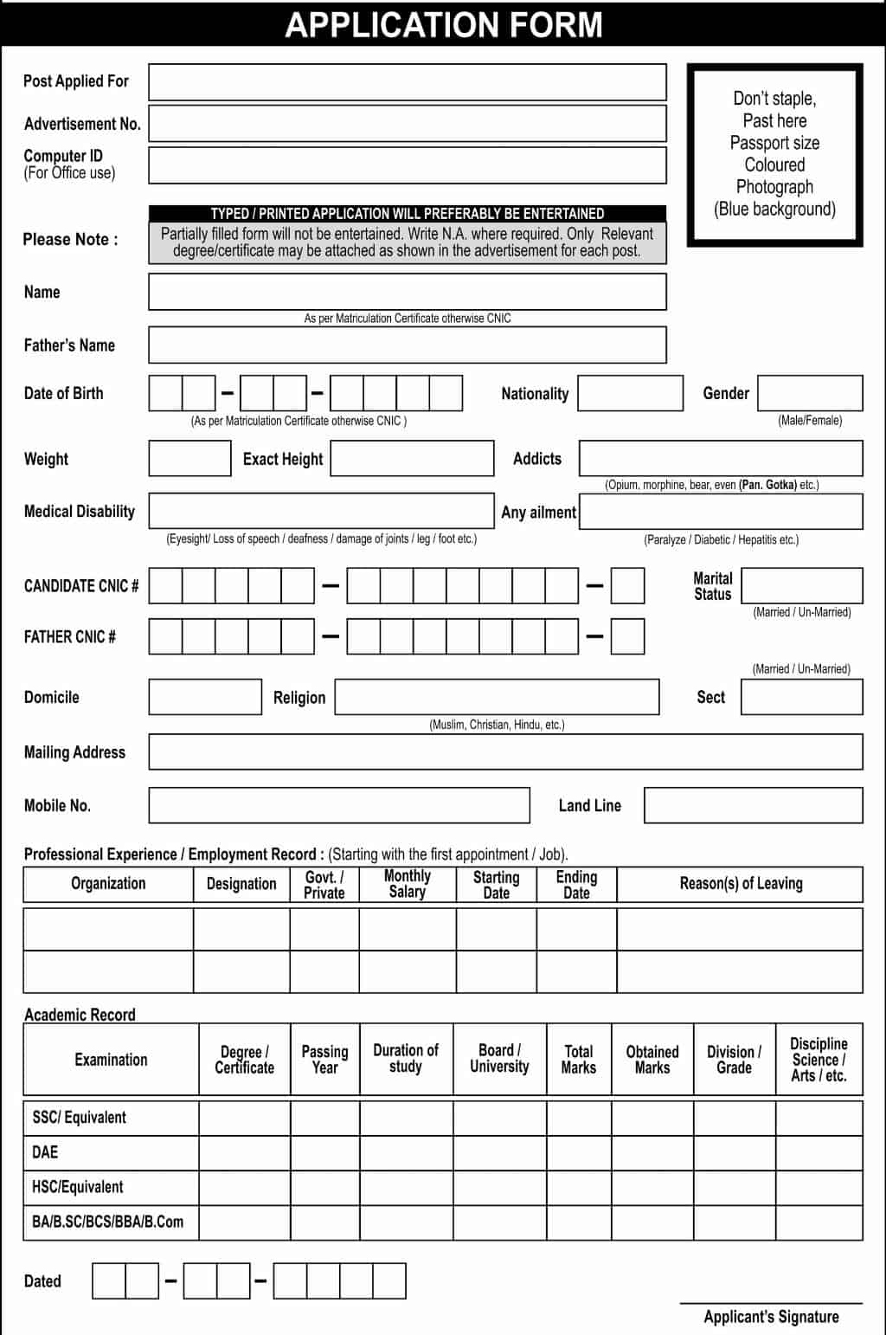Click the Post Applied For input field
coord(407,82)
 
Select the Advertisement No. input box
coord(407,124)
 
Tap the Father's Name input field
coord(407,345)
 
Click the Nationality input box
coord(630,394)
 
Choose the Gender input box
coord(810,393)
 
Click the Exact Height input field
coord(412,459)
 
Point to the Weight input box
coord(189,459)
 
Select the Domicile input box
coord(205,697)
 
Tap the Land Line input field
coord(753,806)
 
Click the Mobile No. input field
coord(339,806)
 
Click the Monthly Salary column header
coord(408,884)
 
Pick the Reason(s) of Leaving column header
coord(741,884)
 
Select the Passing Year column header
coord(324,1060)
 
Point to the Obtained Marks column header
coord(652,1060)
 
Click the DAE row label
coord(45,1152)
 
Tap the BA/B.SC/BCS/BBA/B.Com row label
coord(107,1222)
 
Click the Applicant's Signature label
coord(771,1317)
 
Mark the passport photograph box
coord(774,155)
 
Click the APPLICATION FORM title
coord(443,25)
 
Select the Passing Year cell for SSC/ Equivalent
coord(324,1118)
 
